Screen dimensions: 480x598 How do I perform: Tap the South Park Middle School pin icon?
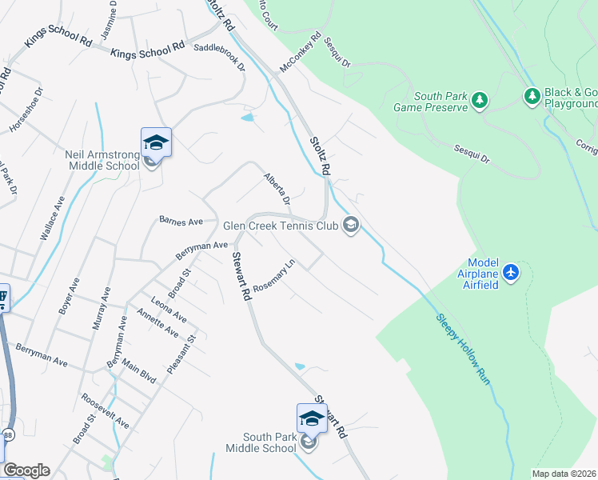click(x=312, y=418)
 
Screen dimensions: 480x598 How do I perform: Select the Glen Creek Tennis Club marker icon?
click(x=350, y=226)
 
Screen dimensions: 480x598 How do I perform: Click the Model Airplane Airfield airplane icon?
click(x=511, y=273)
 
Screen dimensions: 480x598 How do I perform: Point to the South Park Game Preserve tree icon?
click(x=479, y=100)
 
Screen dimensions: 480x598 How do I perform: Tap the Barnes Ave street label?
click(x=181, y=220)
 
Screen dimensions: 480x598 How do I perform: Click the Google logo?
click(x=26, y=470)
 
